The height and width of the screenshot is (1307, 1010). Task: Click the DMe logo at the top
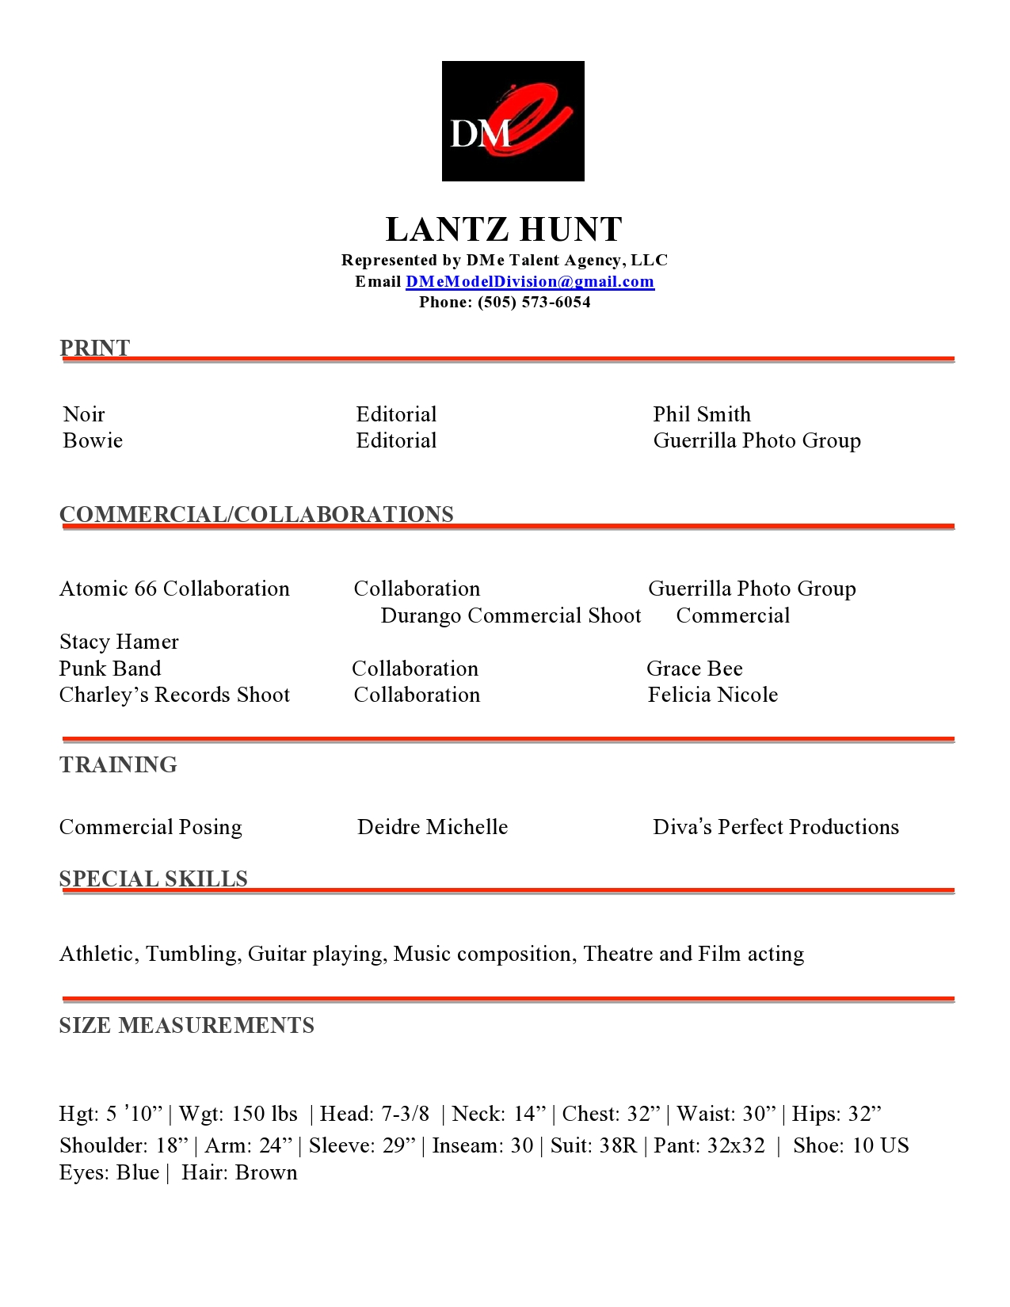coord(513,121)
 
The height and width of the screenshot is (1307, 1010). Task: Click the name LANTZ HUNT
coord(504,230)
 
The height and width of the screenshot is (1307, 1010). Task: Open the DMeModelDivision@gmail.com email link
coord(529,282)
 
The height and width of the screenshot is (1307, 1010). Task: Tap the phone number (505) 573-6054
coord(534,303)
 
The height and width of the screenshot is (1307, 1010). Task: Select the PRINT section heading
coord(94,348)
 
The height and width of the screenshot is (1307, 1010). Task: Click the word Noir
coord(84,414)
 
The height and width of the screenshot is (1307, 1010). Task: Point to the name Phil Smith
coord(702,414)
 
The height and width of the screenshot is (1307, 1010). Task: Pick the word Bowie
coord(93,440)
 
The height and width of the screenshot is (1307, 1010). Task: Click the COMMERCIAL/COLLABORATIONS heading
coord(257,514)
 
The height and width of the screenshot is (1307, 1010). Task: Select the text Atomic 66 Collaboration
coord(174,589)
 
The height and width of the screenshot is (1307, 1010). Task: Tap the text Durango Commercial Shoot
coord(511,615)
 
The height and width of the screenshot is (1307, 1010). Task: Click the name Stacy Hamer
coord(119,642)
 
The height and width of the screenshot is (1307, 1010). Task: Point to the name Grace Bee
coord(695,669)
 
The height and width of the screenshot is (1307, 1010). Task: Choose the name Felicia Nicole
coord(713,695)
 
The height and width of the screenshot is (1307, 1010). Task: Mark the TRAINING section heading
coord(118,764)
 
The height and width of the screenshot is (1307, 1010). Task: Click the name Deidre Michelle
coord(433,827)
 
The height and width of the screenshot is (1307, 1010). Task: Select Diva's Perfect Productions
coord(776,827)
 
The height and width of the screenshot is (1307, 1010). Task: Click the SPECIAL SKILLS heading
coord(153,878)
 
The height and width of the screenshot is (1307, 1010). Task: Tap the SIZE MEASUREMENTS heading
coord(186,1025)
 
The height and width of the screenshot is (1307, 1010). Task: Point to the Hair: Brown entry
coord(239,1172)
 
